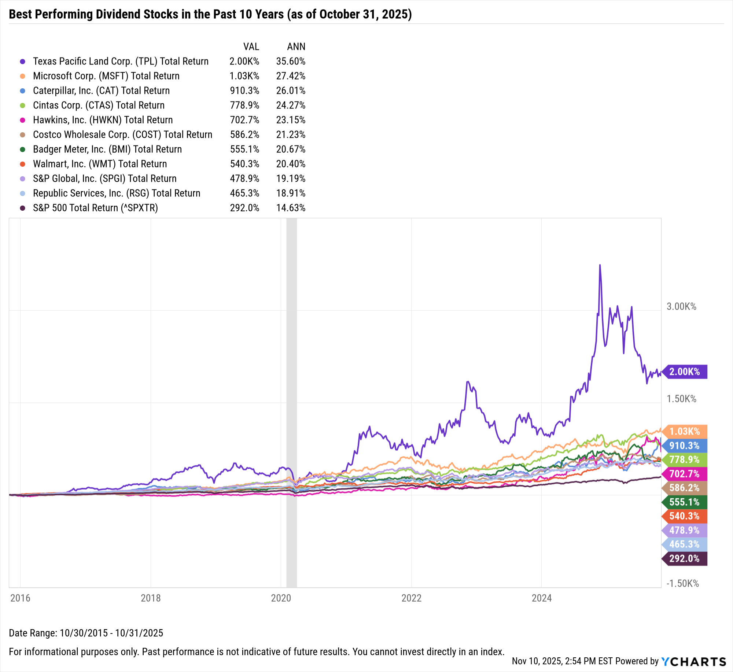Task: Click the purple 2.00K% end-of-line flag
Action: click(685, 372)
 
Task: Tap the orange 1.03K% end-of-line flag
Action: click(685, 431)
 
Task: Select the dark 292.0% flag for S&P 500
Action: click(685, 558)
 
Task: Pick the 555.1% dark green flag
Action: click(685, 502)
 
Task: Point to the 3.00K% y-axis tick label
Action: click(681, 306)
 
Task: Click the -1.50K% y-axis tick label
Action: click(682, 583)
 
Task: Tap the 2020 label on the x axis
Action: click(281, 598)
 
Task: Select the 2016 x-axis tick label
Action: click(20, 598)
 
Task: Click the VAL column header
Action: click(251, 47)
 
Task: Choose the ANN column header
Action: click(296, 47)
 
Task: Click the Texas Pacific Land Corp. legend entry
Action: click(121, 61)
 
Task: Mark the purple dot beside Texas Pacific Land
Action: click(22, 62)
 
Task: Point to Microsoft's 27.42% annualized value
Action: click(291, 76)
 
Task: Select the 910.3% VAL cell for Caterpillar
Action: click(244, 91)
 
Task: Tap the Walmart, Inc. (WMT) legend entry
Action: click(100, 164)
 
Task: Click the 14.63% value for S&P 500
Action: click(291, 208)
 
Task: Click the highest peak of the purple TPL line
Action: click(600, 265)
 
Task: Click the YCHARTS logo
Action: click(693, 661)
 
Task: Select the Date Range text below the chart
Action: click(86, 633)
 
